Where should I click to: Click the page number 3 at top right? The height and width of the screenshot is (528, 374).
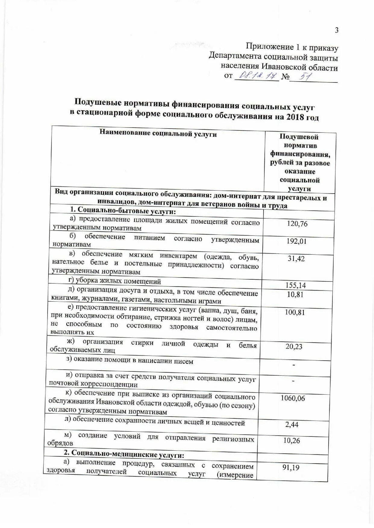tap(337, 30)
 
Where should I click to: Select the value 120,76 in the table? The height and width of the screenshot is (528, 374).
tap(297, 224)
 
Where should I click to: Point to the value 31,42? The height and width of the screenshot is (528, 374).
tap(296, 259)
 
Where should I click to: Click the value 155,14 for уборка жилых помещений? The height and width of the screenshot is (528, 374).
tap(296, 285)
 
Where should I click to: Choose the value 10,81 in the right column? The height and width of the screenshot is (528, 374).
tap(295, 294)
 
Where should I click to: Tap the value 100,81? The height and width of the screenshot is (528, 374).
tap(295, 312)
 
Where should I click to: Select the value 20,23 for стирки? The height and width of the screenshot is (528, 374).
tap(294, 346)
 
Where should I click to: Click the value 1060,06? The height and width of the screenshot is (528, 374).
tap(292, 398)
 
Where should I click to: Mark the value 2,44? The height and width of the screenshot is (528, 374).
tap(292, 424)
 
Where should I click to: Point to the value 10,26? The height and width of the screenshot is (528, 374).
tap(291, 441)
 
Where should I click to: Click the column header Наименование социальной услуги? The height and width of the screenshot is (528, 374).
tap(158, 134)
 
